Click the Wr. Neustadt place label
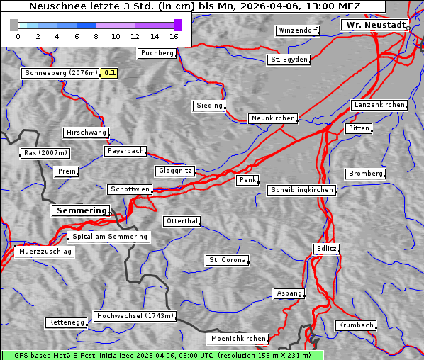pos(374,25)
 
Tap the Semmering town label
pos(81,210)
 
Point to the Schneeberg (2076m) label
pos(60,73)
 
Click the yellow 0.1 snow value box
pos(110,73)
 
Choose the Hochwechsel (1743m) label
pos(135,316)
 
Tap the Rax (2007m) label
pos(45,153)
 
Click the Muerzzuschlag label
pos(45,252)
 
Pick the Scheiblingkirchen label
pos(301,190)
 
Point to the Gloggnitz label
pos(174,171)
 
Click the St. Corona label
pos(228,260)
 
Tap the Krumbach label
pos(355,325)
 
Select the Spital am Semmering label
pos(108,237)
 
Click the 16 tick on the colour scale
pos(174,36)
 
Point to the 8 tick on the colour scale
pos(96,36)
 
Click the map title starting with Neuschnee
pos(194,6)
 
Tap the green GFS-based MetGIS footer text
pos(162,355)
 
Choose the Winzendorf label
pos(298,30)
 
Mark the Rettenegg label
pos(67,322)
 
